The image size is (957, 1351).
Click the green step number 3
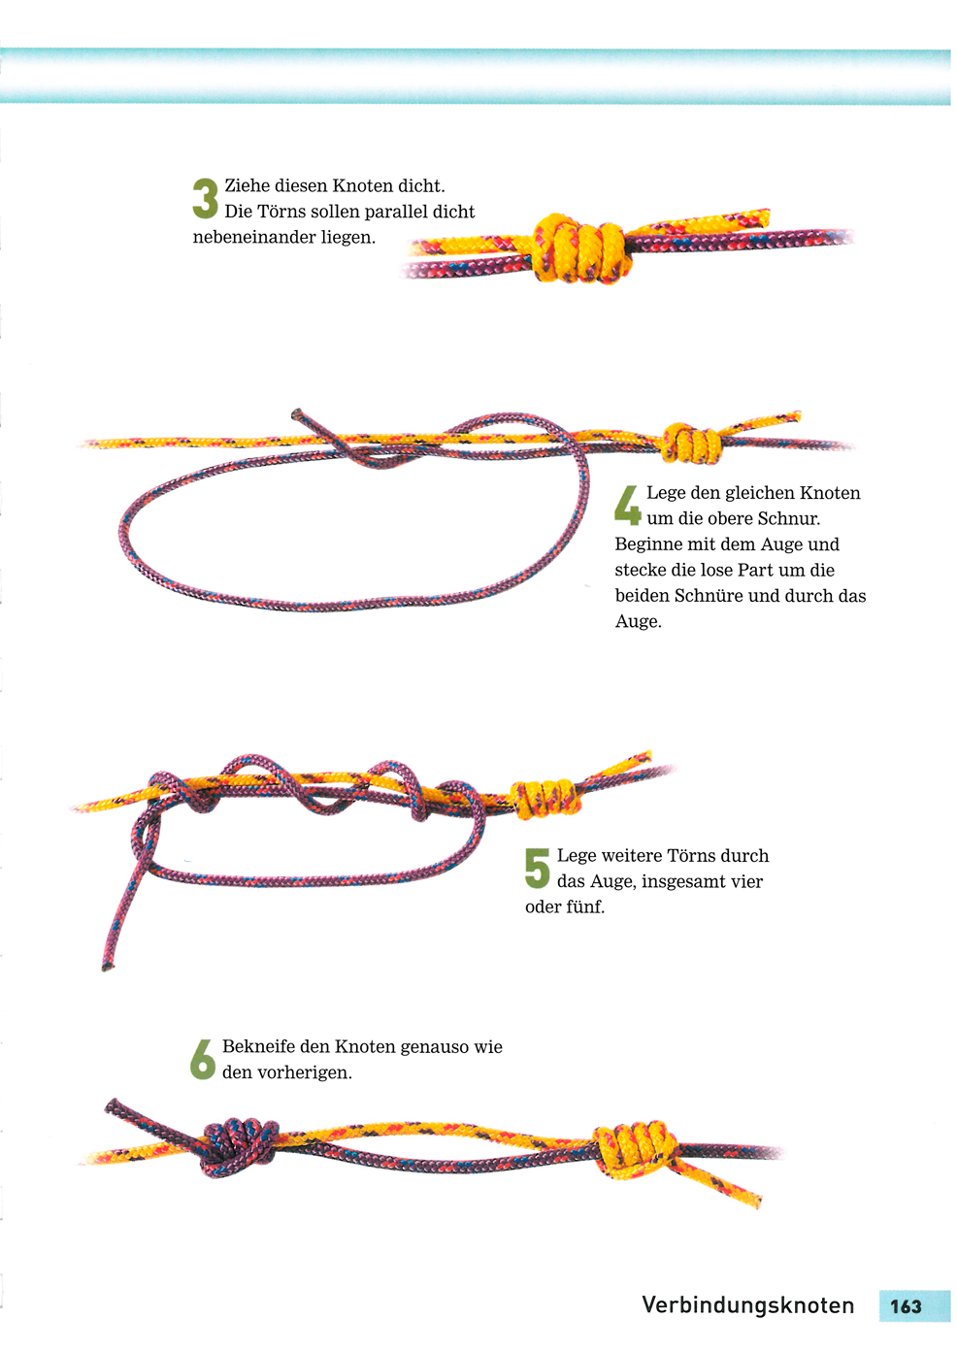click(205, 198)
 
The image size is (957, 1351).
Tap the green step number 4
click(628, 505)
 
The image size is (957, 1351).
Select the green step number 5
click(538, 868)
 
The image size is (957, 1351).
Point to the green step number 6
click(203, 1059)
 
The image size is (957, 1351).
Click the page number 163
click(906, 1306)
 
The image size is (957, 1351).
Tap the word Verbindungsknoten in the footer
click(747, 1304)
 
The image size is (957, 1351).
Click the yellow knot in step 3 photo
click(582, 247)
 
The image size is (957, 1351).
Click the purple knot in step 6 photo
click(239, 1148)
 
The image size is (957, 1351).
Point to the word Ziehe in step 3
click(247, 185)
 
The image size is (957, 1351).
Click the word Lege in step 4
click(666, 494)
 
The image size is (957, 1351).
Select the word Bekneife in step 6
click(259, 1046)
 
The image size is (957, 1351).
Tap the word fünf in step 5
click(584, 907)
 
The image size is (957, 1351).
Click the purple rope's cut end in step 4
click(297, 414)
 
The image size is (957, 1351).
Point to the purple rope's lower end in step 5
click(108, 968)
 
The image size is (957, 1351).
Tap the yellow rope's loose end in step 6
click(755, 1201)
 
